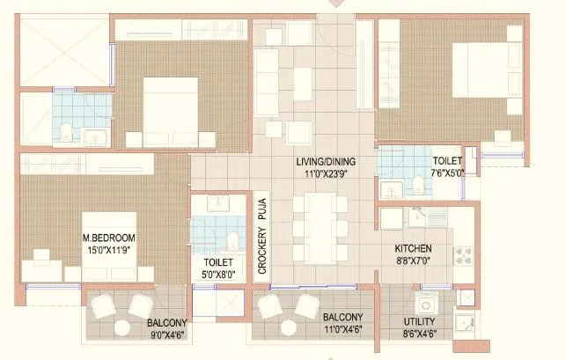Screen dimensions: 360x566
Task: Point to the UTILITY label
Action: (x=421, y=321)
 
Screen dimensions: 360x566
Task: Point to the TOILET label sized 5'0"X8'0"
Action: (x=217, y=261)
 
